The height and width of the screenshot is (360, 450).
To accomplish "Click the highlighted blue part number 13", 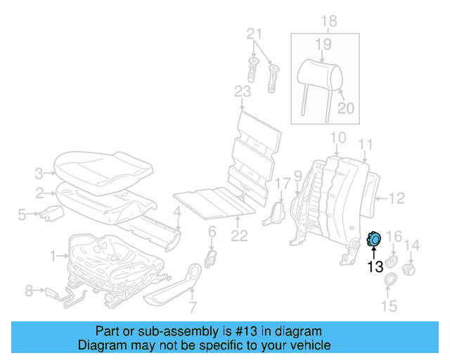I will pos(375,240).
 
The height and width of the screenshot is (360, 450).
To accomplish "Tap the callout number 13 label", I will pos(375,266).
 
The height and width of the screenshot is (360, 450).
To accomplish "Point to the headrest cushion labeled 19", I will pos(320,71).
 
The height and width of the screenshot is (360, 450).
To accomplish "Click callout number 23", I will pos(242,92).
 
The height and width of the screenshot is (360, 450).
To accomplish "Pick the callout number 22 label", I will pos(240,236).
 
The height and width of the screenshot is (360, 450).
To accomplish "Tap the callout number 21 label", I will pos(254,33).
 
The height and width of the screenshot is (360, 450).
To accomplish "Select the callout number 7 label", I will pos(193,306).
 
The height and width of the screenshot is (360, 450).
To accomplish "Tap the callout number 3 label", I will pos(39,171).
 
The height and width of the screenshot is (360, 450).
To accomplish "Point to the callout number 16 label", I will pos(394,236).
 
